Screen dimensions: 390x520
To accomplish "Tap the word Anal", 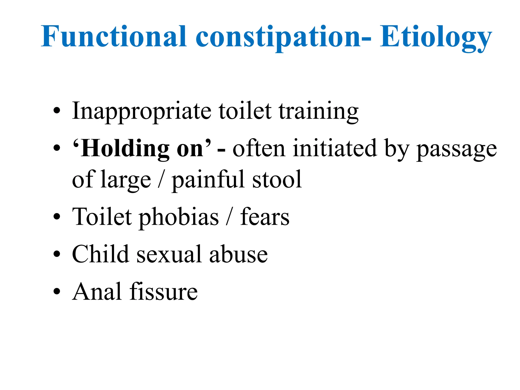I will pyautogui.click(x=96, y=292).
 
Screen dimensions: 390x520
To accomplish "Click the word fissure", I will pyautogui.click(x=164, y=292).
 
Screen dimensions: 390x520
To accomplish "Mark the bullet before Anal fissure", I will pyautogui.click(x=57, y=292).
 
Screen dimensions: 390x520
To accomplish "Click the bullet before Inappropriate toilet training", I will pyautogui.click(x=57, y=111).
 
